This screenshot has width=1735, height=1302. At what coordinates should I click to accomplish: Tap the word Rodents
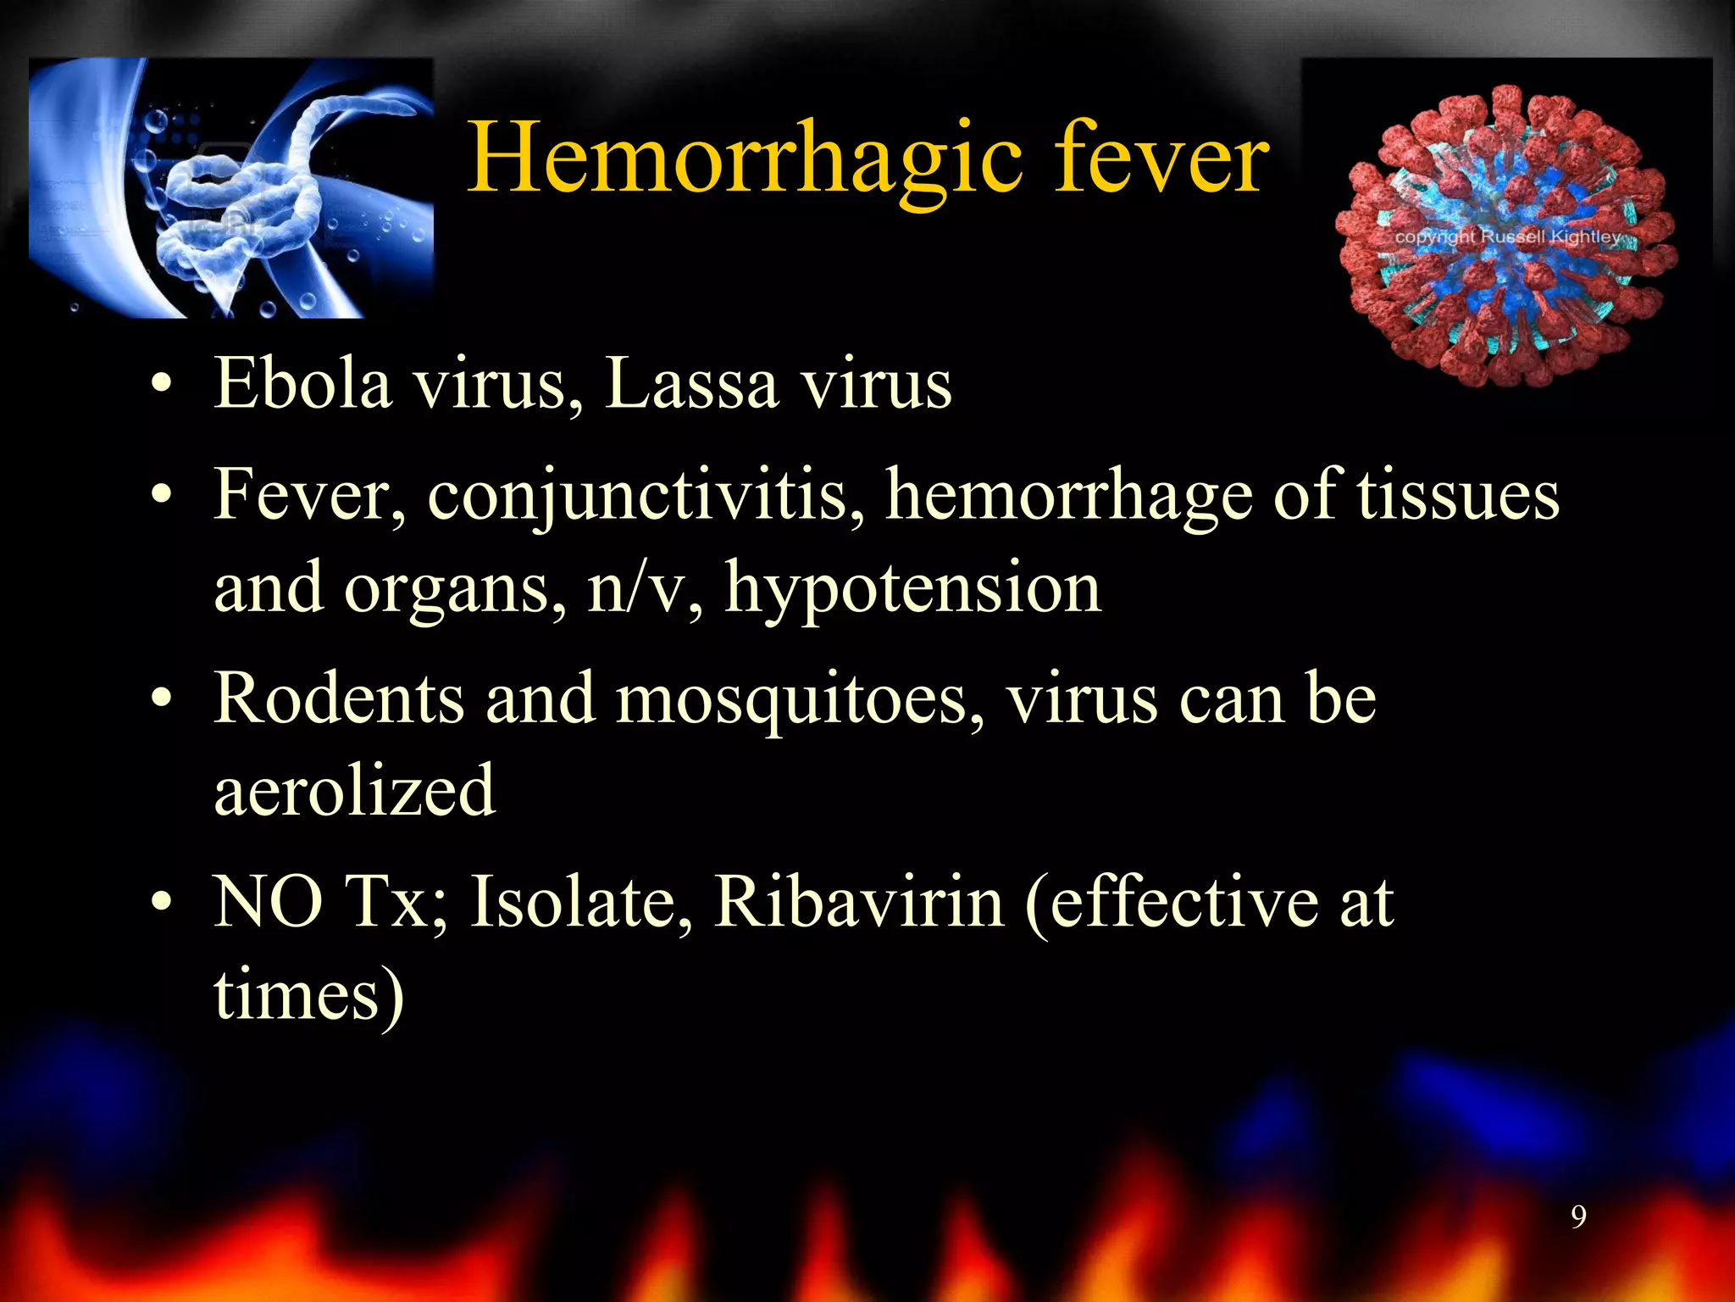click(339, 698)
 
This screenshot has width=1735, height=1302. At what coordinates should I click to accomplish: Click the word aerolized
click(354, 791)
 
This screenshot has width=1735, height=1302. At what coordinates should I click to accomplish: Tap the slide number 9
click(1578, 1217)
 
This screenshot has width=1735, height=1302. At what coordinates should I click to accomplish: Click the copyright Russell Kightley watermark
click(1507, 236)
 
